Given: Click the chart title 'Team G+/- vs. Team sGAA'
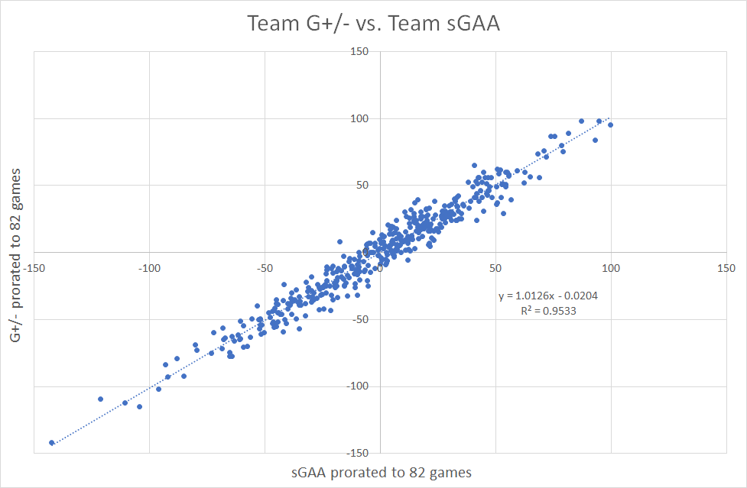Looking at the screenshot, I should [373, 24].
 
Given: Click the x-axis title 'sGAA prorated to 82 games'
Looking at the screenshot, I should [379, 472].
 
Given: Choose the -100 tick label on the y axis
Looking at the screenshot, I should [357, 386].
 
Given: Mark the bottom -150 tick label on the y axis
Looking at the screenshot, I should [357, 453].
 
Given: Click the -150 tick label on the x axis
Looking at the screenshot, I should [34, 268].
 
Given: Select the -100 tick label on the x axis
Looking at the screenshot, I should [149, 268].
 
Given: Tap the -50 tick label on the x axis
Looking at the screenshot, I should [265, 268].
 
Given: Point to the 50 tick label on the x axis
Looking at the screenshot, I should [495, 268].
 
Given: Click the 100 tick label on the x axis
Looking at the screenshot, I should [611, 268].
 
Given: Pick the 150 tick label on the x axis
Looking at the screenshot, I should [726, 268].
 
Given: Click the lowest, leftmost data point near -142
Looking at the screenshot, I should [52, 443].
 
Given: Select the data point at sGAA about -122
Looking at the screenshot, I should [100, 399].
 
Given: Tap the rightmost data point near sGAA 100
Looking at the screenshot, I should [610, 124].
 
